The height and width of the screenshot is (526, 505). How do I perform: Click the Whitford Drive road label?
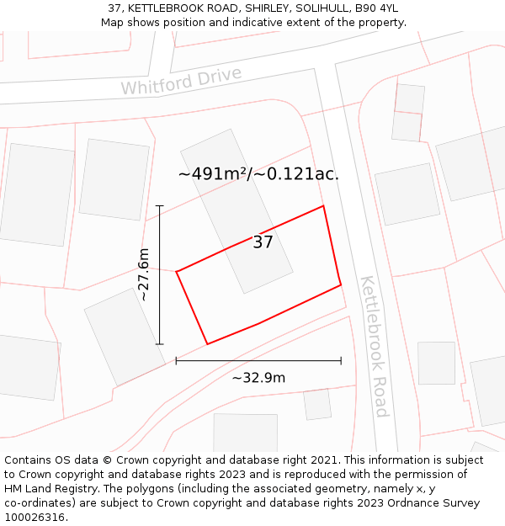(x=181, y=81)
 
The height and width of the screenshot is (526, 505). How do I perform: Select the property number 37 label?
(x=263, y=242)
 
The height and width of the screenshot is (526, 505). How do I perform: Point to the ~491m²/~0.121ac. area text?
(x=258, y=174)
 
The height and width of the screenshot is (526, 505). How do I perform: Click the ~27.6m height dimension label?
(x=144, y=274)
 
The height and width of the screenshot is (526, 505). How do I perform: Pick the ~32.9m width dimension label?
(x=258, y=377)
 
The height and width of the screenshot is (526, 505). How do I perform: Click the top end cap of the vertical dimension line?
(x=159, y=205)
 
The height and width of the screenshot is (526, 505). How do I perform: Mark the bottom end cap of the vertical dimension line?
(x=159, y=344)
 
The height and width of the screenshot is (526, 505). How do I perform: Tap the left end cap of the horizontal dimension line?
(x=176, y=360)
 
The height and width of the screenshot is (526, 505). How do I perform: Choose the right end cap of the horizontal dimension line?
(x=341, y=360)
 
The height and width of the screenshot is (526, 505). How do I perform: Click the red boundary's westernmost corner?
(x=176, y=271)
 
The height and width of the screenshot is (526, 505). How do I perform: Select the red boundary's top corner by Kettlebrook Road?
(x=323, y=206)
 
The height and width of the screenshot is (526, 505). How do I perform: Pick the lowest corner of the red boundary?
(x=207, y=343)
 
